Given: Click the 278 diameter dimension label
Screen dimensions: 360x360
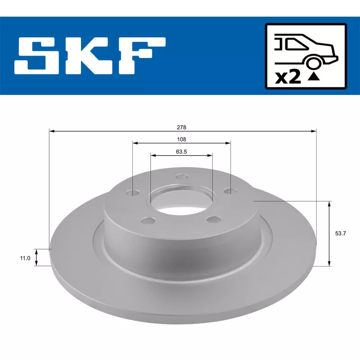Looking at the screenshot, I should pyautogui.click(x=182, y=128).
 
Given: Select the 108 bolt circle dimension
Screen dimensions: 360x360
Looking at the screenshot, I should pyautogui.click(x=182, y=139).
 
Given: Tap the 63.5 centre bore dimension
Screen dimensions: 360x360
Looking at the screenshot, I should pyautogui.click(x=181, y=152).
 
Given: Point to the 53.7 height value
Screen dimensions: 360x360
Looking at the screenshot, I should pyautogui.click(x=341, y=234).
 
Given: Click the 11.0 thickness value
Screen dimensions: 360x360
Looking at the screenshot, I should pyautogui.click(x=25, y=258).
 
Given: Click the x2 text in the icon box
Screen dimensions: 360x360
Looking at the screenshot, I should pyautogui.click(x=288, y=77).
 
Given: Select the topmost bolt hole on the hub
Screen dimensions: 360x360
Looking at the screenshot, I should pyautogui.click(x=181, y=176).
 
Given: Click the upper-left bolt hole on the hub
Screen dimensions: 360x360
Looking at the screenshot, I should pyautogui.click(x=133, y=193).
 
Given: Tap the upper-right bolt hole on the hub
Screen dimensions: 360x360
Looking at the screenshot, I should pyautogui.click(x=230, y=192).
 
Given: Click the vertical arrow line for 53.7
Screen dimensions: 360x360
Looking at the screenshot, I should pyautogui.click(x=329, y=234).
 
